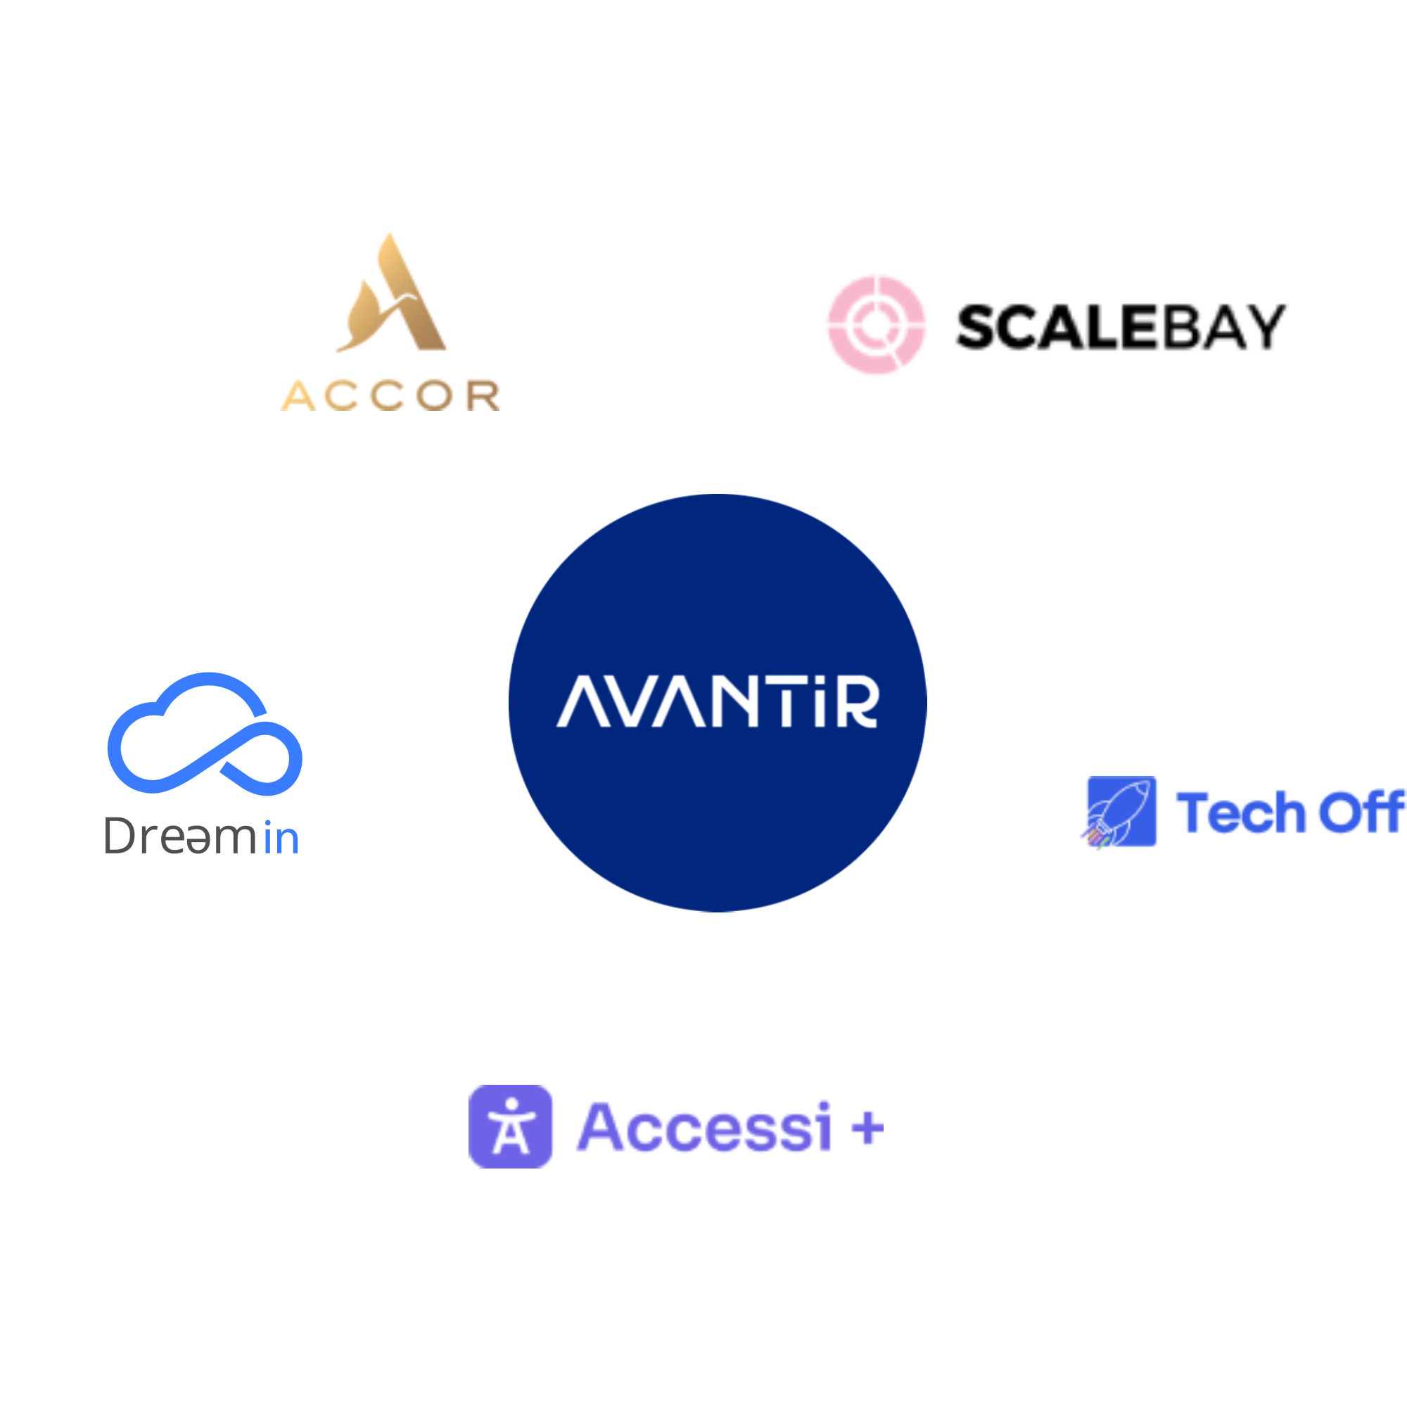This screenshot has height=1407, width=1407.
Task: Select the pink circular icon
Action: (x=876, y=326)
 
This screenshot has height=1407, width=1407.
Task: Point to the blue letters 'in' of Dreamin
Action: (x=281, y=839)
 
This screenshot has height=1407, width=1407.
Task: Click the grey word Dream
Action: (x=182, y=836)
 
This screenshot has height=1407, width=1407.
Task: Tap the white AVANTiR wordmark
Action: (x=718, y=702)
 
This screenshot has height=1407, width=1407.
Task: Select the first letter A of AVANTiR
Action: (x=582, y=702)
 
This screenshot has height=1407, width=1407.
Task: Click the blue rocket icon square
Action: (x=1121, y=812)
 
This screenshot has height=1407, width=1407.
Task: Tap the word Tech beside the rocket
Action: (x=1241, y=812)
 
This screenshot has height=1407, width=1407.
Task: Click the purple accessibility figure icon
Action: (x=511, y=1126)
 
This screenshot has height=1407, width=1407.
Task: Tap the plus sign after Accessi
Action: (x=867, y=1128)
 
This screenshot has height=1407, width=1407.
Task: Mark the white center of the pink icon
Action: (x=876, y=326)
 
